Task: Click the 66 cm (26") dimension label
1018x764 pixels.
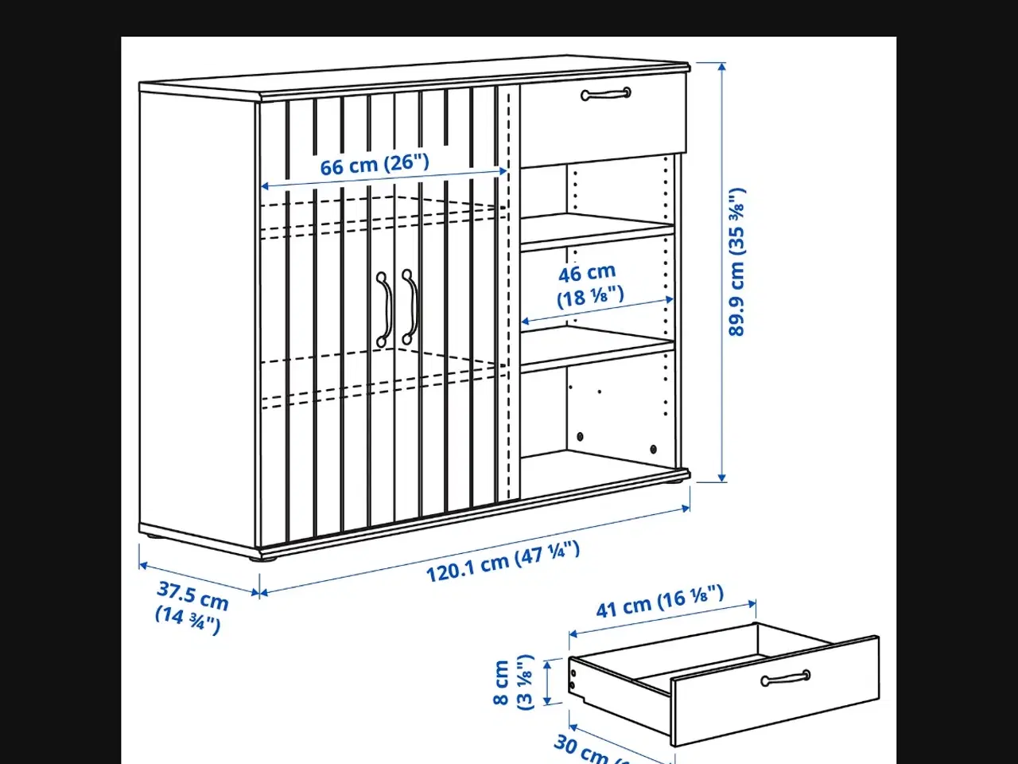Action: [375, 165]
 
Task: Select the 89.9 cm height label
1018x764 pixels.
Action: [738, 262]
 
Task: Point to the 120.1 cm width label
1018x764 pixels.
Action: [503, 561]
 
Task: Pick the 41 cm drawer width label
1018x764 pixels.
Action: [659, 602]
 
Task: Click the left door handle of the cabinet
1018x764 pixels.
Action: [385, 309]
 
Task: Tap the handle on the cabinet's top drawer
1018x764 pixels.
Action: [606, 95]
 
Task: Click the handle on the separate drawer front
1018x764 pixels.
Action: [785, 678]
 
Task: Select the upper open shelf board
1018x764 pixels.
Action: [596, 231]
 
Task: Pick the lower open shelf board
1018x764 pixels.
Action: [596, 349]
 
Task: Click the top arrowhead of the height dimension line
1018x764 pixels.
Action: [721, 67]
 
